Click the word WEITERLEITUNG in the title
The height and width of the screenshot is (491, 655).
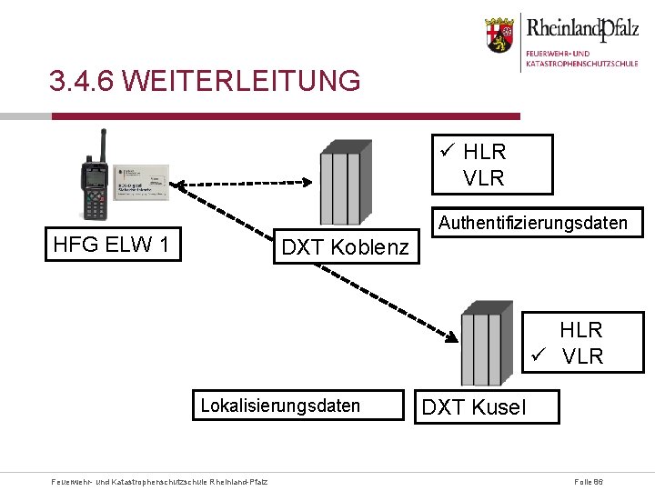pyautogui.click(x=240, y=81)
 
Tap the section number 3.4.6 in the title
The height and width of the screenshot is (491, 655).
pyautogui.click(x=81, y=81)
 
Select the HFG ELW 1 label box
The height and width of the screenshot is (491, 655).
pyautogui.click(x=115, y=245)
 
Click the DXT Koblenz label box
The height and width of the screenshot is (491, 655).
pyautogui.click(x=346, y=246)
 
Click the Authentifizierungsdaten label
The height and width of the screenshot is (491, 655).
pyautogui.click(x=533, y=223)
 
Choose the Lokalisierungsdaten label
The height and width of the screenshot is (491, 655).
pyautogui.click(x=280, y=406)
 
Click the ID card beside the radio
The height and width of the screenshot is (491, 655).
pyautogui.click(x=142, y=183)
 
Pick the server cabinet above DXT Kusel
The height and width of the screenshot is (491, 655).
pyautogui.click(x=480, y=337)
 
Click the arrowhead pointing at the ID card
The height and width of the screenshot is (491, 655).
pyautogui.click(x=179, y=186)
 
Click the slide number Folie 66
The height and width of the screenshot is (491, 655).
pyautogui.click(x=589, y=479)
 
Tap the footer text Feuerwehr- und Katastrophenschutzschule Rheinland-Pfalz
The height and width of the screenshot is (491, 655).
pyautogui.click(x=160, y=480)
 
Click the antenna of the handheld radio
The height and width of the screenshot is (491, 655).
pyautogui.click(x=103, y=142)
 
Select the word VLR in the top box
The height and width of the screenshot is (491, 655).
pyautogui.click(x=484, y=178)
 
